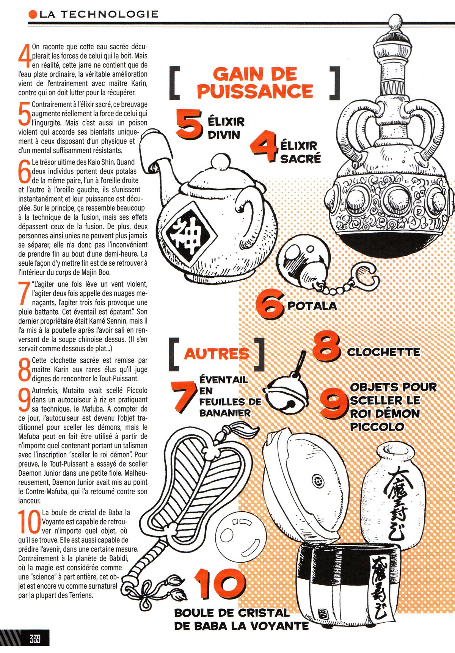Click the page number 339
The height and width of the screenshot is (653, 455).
click(x=35, y=639)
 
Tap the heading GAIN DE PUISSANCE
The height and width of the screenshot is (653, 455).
click(x=255, y=83)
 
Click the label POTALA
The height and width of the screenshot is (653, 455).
click(x=312, y=305)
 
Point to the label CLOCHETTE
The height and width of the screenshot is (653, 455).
click(x=383, y=352)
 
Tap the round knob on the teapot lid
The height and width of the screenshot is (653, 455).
click(x=219, y=162)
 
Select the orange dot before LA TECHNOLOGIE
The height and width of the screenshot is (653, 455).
click(x=33, y=15)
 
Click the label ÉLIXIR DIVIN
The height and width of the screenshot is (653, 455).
click(x=226, y=128)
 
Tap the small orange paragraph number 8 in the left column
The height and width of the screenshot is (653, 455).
click(x=25, y=370)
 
